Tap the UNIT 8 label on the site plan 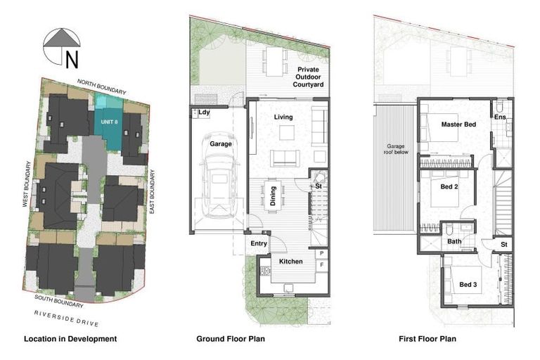pos(109,121)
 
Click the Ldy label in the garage pos(205,112)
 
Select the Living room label pos(283,117)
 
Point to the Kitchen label pos(290,262)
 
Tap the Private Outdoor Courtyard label pos(309,77)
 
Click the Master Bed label pos(458,124)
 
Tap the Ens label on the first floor pos(499,117)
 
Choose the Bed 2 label pos(450,186)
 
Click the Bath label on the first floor pos(455,241)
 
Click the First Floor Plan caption pos(427,339)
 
